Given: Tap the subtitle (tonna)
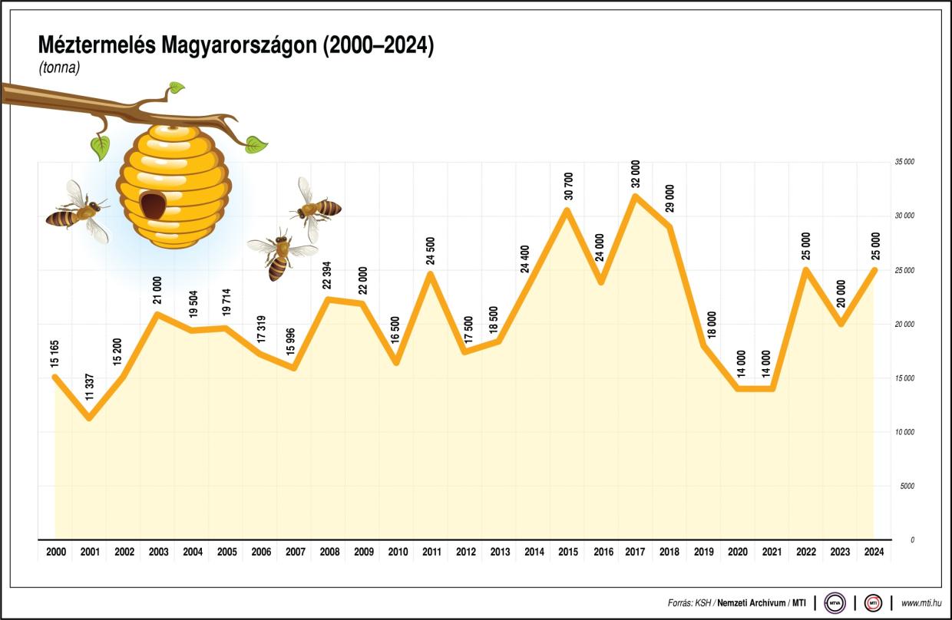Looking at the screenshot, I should click(x=60, y=68).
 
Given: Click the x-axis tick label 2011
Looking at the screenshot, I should click(x=431, y=552).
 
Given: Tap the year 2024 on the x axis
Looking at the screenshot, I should click(x=874, y=552).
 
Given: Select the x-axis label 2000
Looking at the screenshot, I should click(x=56, y=552).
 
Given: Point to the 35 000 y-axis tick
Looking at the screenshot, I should click(x=904, y=163).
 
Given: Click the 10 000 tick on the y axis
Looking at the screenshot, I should click(x=904, y=432).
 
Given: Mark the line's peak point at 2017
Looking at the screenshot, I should click(x=635, y=196).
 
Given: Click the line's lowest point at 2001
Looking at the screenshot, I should click(x=90, y=418).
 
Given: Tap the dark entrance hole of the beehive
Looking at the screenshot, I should click(x=153, y=204).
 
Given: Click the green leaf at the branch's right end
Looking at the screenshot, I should click(x=256, y=143).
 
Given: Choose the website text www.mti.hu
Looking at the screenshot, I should click(x=921, y=603).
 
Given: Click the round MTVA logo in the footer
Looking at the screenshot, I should click(x=835, y=603).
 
